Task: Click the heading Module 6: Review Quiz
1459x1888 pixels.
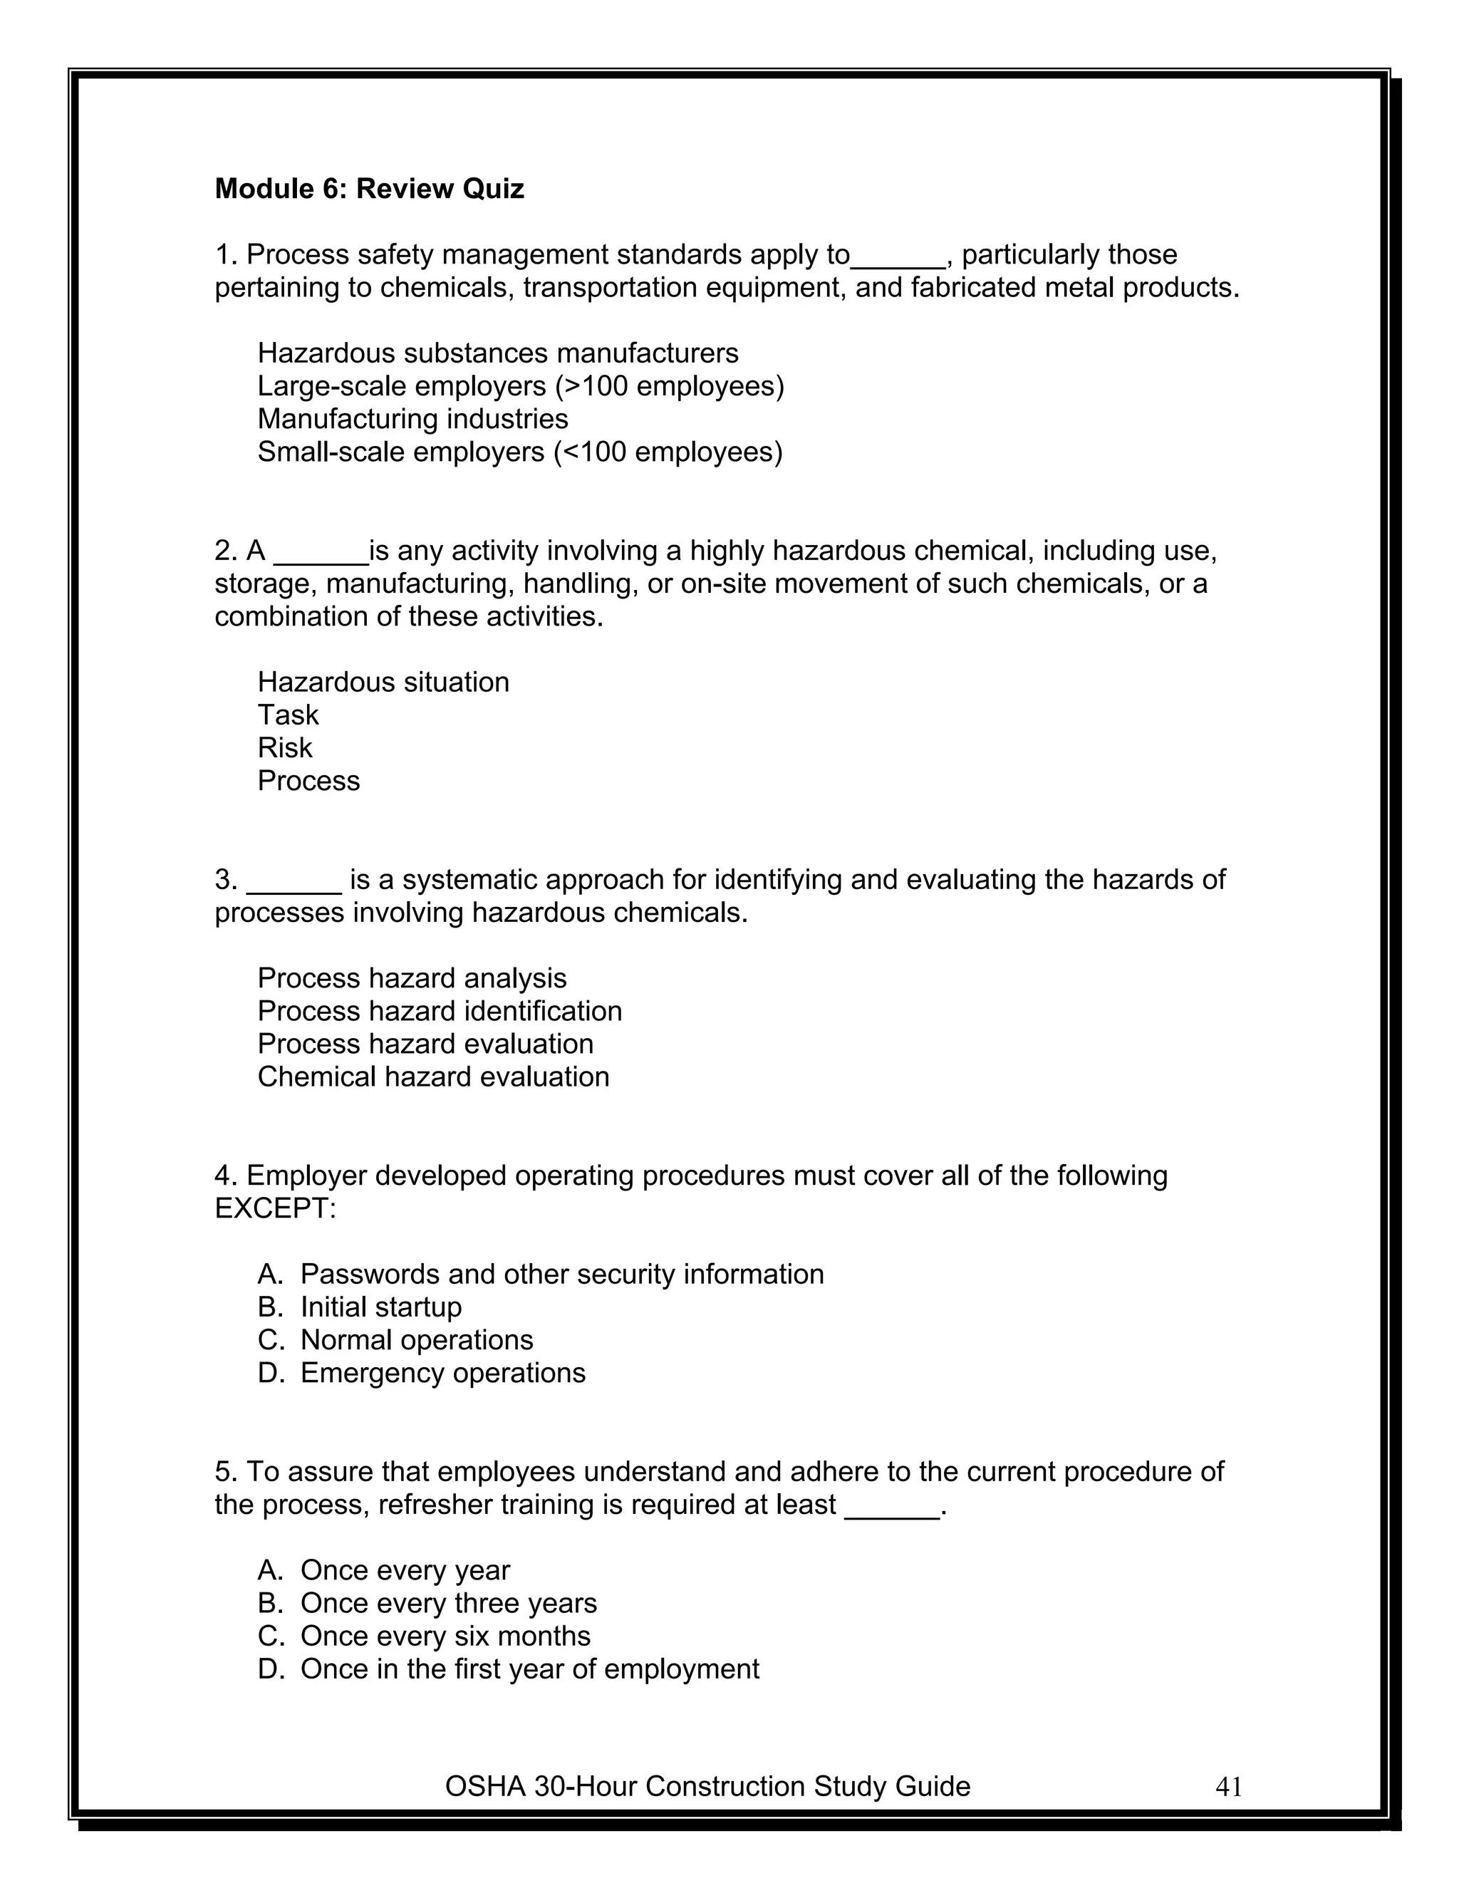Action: [x=369, y=189]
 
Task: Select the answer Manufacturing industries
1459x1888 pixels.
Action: [x=412, y=418]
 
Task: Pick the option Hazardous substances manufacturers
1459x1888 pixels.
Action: [x=498, y=353]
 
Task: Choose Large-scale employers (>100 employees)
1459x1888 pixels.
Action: [x=520, y=385]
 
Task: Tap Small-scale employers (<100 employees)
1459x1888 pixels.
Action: [x=519, y=451]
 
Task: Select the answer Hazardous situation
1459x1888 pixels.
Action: [x=383, y=682]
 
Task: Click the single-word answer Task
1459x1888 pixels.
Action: [x=288, y=715]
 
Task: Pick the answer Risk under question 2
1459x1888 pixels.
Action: [x=284, y=748]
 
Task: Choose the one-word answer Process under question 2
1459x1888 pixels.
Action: [x=308, y=781]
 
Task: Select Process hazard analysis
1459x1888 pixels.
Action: [x=412, y=977]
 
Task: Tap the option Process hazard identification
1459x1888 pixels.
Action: [x=439, y=1010]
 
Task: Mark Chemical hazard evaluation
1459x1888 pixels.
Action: [x=433, y=1077]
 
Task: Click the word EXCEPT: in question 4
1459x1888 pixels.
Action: [x=275, y=1208]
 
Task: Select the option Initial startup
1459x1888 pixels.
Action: [x=380, y=1307]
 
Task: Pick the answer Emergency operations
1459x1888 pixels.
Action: [x=442, y=1373]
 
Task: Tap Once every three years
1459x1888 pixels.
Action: [x=447, y=1603]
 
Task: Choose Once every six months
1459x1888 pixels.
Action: [x=445, y=1636]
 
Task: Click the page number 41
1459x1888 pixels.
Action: [x=1228, y=1786]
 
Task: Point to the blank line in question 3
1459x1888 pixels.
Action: [x=294, y=888]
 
